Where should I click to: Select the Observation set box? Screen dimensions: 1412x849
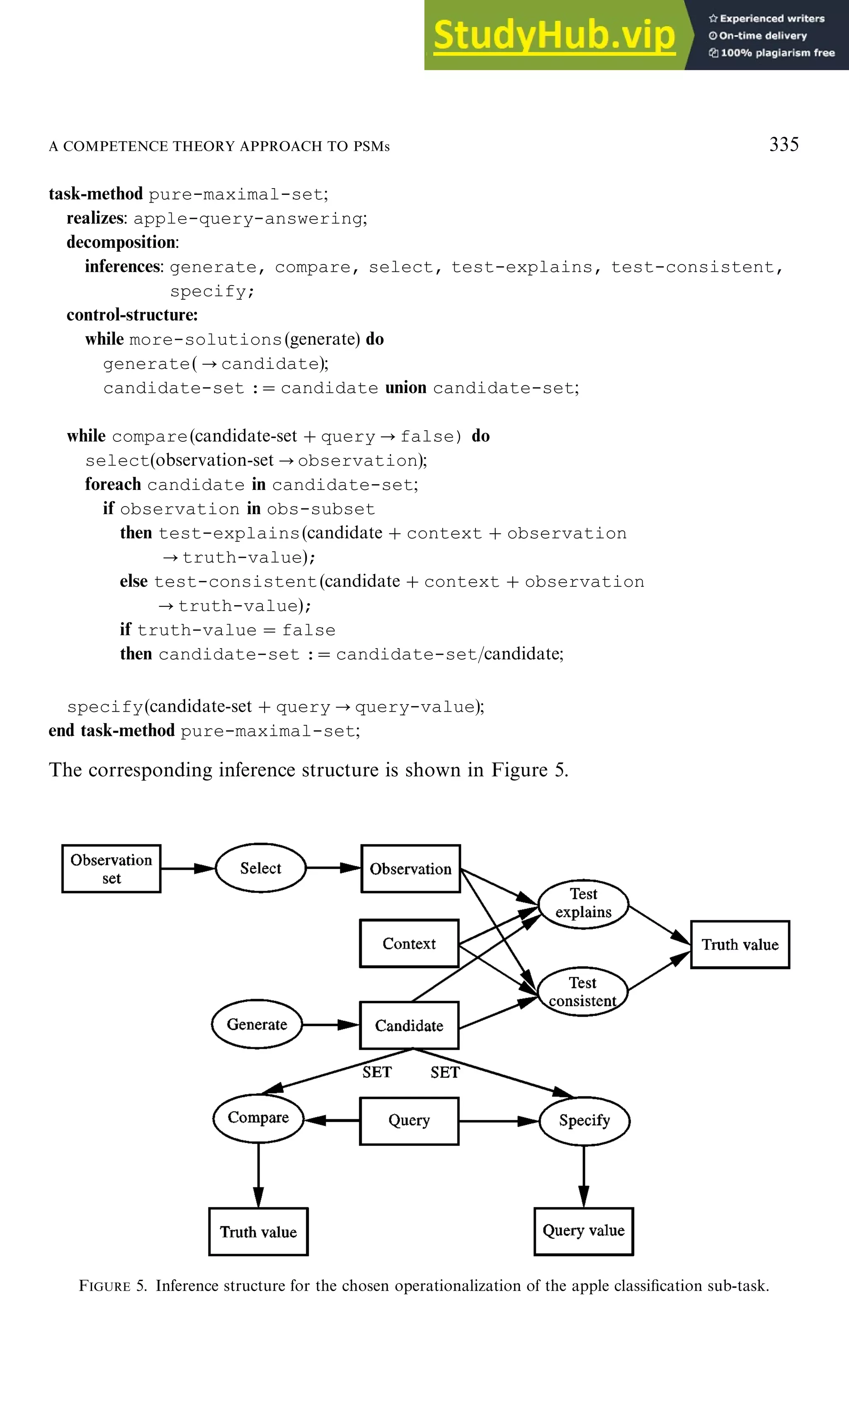tap(111, 868)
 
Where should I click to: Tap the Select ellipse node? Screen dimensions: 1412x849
tap(260, 868)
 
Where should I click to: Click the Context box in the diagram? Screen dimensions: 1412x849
tap(409, 944)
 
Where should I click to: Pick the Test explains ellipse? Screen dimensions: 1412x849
tap(583, 903)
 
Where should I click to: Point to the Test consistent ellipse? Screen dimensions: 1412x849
tap(582, 992)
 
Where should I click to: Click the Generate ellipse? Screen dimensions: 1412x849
tap(257, 1024)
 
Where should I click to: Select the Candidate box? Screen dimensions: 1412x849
tap(409, 1025)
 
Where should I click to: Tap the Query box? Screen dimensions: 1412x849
tap(409, 1120)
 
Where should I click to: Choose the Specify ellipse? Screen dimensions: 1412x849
tap(584, 1120)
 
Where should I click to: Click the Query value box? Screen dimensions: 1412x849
tap(584, 1231)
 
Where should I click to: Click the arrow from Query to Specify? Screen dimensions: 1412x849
tap(498, 1121)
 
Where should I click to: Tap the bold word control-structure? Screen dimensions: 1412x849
tap(132, 315)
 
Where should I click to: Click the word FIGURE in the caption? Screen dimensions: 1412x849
tap(105, 1286)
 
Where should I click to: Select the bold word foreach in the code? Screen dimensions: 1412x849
tap(113, 484)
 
